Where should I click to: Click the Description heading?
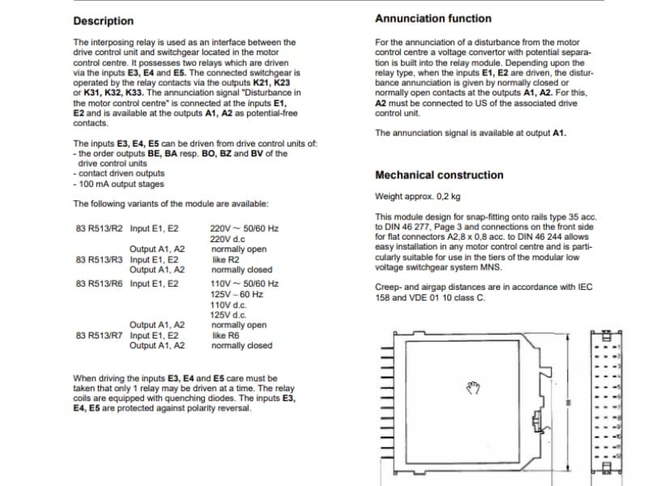coord(104,21)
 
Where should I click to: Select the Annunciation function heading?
coord(433,18)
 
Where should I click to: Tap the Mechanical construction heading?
coord(439,175)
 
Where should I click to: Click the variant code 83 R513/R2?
coord(99,229)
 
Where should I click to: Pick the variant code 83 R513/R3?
coord(99,260)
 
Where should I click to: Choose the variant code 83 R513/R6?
coord(99,284)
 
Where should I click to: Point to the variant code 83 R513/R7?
coord(99,335)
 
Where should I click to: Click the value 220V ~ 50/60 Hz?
coord(244,229)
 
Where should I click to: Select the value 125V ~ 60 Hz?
coord(237,294)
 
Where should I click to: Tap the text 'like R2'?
coord(227,260)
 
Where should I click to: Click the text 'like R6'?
coord(227,335)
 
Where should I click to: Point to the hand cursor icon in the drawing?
coord(473,388)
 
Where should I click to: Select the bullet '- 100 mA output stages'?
coord(119,183)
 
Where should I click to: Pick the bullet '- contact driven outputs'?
coord(119,173)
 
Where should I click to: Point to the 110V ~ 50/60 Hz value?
coord(244,284)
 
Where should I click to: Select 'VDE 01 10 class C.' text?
coord(444,297)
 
